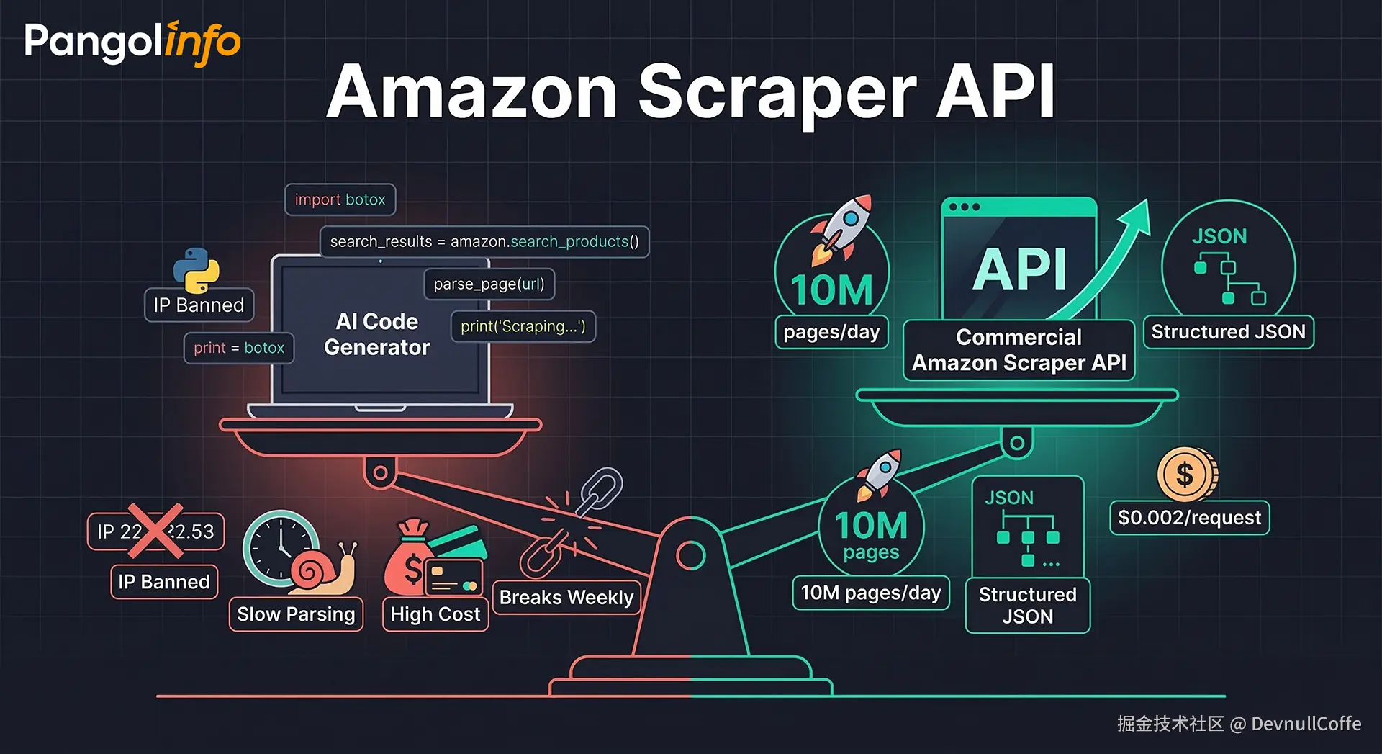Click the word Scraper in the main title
click(777, 92)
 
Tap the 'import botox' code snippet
click(340, 199)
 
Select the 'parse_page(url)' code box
click(489, 284)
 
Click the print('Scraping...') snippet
click(523, 326)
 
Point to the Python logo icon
click(196, 269)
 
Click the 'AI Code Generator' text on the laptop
click(376, 334)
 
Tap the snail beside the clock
click(324, 573)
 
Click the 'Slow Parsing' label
click(296, 614)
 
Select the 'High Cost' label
click(435, 614)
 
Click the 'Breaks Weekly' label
click(566, 597)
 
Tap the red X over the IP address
click(155, 531)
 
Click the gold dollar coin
click(1186, 475)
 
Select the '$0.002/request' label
click(1189, 517)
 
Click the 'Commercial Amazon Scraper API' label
click(1019, 350)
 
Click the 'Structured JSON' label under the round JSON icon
click(1228, 332)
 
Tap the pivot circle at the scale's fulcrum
click(690, 555)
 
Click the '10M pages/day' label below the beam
click(871, 593)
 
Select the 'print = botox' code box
click(239, 348)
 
